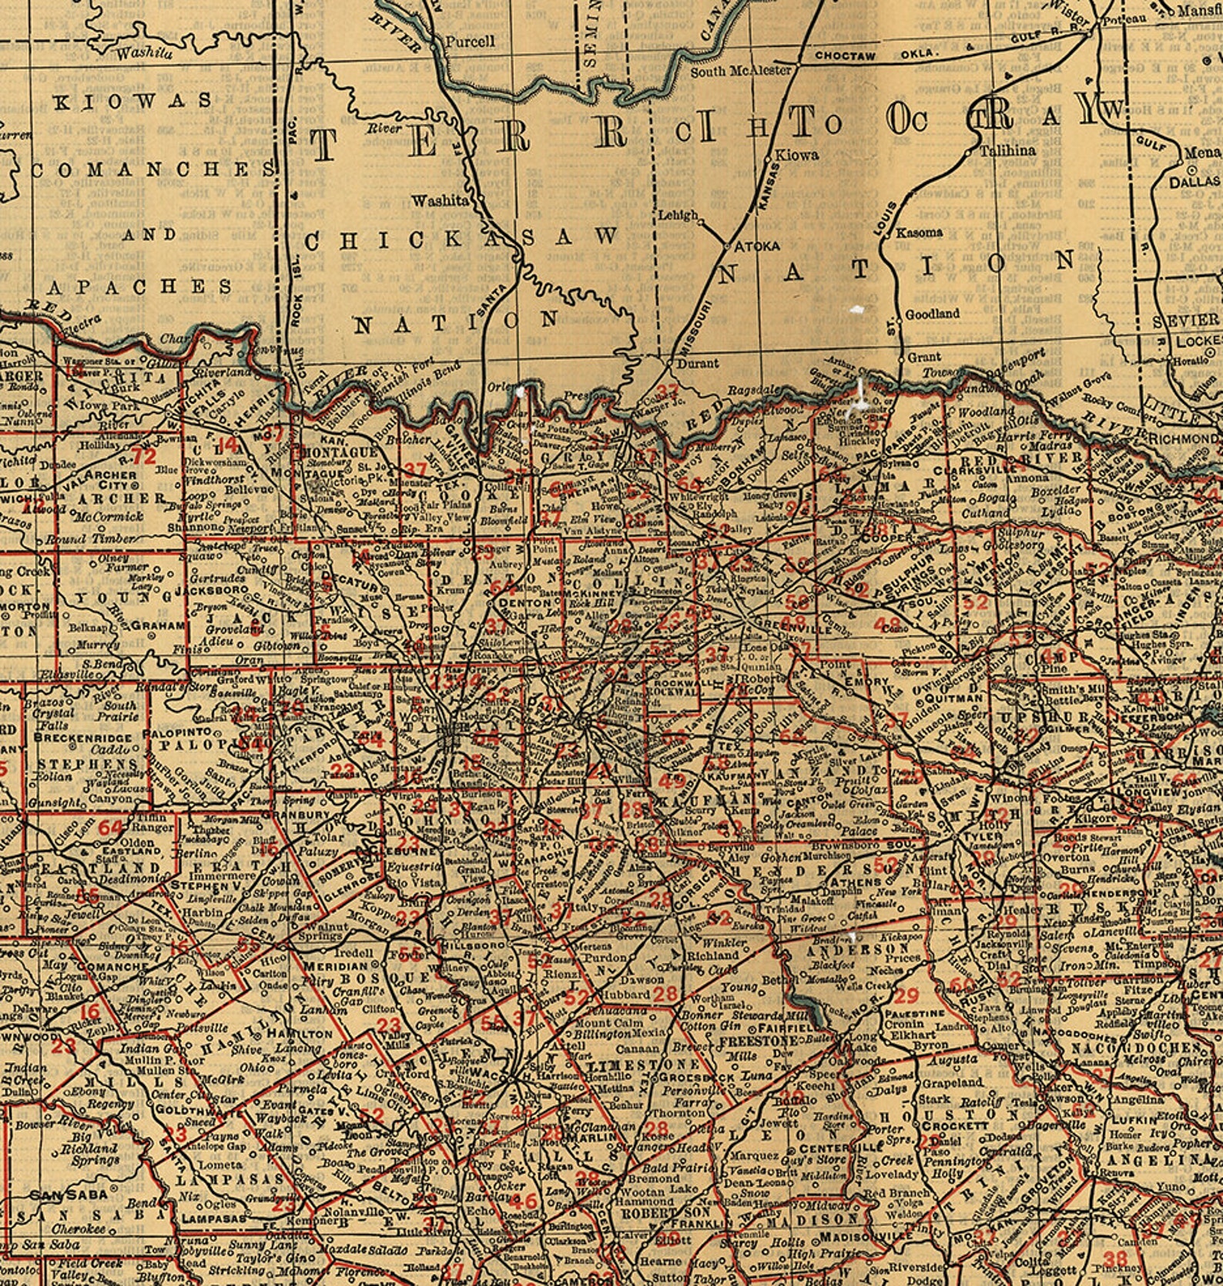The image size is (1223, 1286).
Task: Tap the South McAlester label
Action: pyautogui.click(x=740, y=71)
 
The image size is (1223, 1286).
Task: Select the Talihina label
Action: pyautogui.click(x=1007, y=151)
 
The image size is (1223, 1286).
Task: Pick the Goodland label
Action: pyautogui.click(x=932, y=314)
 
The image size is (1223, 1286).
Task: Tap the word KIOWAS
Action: pyautogui.click(x=132, y=101)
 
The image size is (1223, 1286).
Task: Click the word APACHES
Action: pyautogui.click(x=140, y=287)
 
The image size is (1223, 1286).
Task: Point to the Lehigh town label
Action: pyautogui.click(x=678, y=216)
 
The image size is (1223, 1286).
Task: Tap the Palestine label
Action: pyautogui.click(x=914, y=1013)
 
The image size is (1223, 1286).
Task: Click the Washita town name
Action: pyautogui.click(x=439, y=200)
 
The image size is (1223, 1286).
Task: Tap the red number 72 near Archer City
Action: pyautogui.click(x=143, y=456)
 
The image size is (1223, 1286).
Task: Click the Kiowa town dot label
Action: pyautogui.click(x=796, y=155)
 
